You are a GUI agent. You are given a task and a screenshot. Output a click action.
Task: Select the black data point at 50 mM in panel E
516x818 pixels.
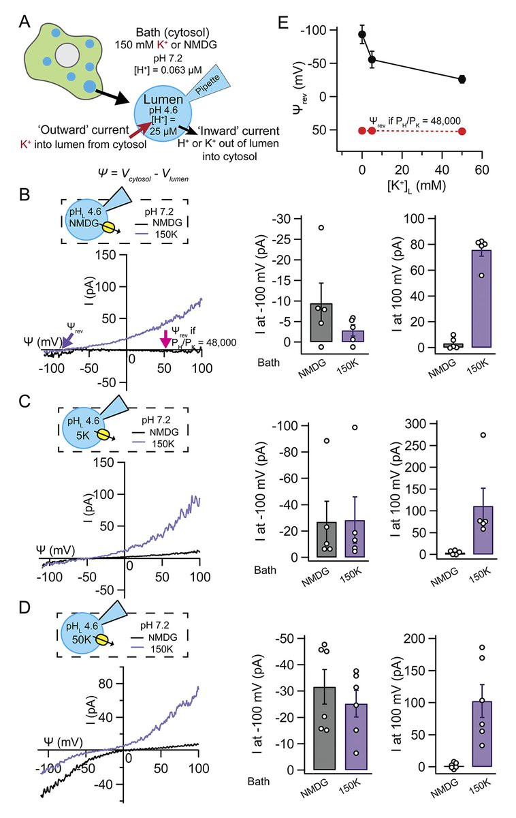pyautogui.click(x=462, y=79)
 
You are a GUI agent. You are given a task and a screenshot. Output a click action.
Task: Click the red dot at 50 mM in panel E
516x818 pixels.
pyautogui.click(x=462, y=130)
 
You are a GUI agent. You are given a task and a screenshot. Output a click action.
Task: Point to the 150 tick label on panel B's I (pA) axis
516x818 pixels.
pyautogui.click(x=99, y=255)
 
